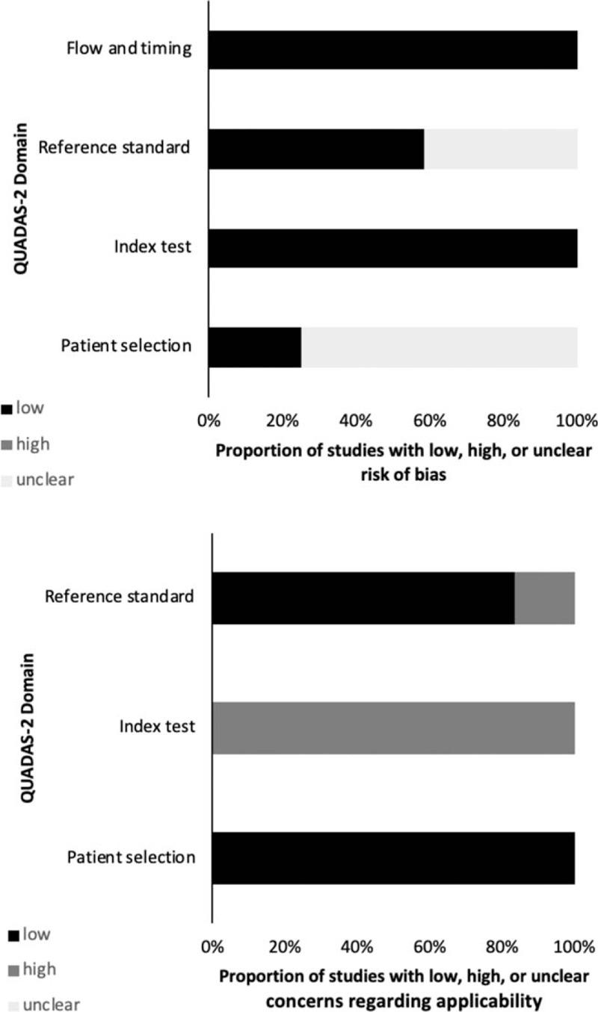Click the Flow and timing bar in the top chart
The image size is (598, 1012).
(x=392, y=50)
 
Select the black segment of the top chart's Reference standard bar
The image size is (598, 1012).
(x=315, y=149)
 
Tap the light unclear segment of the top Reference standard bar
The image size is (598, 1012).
(x=501, y=149)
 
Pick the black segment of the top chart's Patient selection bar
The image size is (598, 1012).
(x=254, y=347)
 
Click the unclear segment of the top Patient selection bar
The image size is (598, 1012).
(x=440, y=347)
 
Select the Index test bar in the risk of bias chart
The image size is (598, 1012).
(x=392, y=248)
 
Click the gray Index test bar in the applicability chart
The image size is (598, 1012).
(x=394, y=727)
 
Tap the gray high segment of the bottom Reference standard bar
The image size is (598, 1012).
(x=545, y=597)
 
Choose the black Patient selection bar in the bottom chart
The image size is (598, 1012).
(x=394, y=857)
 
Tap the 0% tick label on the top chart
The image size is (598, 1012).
(x=209, y=420)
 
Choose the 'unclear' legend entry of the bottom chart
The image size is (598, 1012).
(x=46, y=1005)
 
